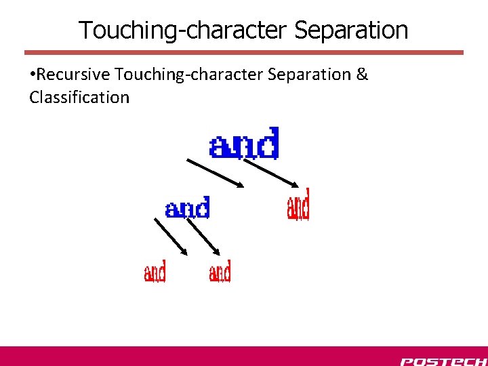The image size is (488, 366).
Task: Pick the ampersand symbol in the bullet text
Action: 362,75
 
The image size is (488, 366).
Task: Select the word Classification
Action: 79,98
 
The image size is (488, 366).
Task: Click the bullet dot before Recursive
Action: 33,75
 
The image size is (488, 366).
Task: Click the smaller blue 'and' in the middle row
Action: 188,208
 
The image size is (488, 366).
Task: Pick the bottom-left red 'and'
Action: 155,272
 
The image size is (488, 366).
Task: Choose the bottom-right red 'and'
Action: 220,272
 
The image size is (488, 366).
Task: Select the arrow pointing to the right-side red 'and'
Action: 272,173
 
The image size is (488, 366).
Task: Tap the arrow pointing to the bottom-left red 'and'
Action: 171,237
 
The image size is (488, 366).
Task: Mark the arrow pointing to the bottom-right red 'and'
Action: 203,237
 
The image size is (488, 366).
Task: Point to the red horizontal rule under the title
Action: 244,52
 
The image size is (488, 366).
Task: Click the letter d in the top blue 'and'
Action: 268,143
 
